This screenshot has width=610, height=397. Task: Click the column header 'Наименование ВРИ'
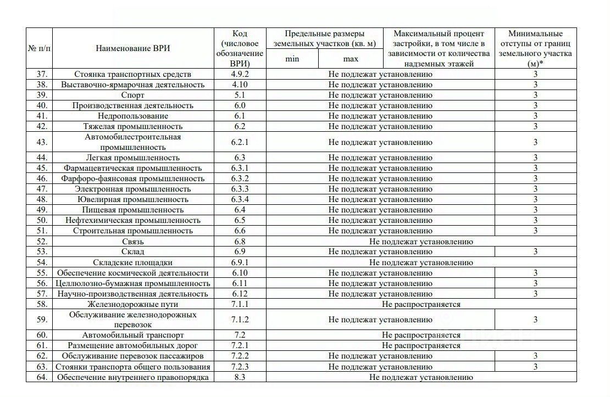point(133,48)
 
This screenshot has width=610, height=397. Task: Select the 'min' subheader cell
point(292,59)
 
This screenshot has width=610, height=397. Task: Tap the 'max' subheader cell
point(351,59)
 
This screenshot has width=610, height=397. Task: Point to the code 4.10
point(240,85)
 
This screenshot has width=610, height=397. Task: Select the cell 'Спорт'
point(133,95)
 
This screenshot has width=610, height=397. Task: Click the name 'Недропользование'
point(133,116)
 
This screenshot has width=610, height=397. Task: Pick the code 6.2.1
point(240,142)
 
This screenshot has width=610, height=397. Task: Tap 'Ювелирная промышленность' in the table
point(133,199)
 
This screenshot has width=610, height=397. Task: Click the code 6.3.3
point(240,189)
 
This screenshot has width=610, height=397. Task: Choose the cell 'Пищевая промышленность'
point(133,210)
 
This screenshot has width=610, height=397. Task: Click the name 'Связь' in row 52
point(133,242)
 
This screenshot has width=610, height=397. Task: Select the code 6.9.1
point(240,262)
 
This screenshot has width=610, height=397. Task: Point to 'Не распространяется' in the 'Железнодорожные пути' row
point(421,304)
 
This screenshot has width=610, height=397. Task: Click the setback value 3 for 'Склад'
point(535,252)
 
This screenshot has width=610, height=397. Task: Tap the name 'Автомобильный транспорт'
point(133,335)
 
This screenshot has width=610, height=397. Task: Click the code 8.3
point(240,377)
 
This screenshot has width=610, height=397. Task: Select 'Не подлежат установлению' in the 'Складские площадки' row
point(421,262)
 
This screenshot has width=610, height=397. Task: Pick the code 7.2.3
point(240,367)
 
